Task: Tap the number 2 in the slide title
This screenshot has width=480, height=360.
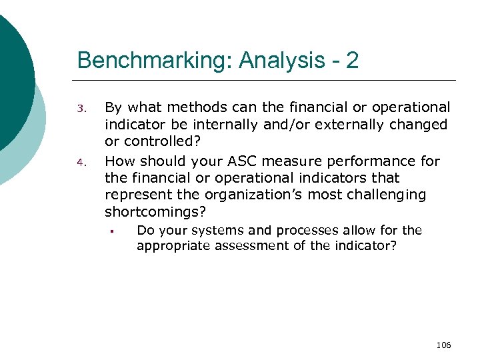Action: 352,61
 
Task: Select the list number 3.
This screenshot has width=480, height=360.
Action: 82,109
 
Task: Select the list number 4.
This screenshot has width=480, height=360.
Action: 82,162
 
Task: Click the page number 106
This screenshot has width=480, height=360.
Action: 443,345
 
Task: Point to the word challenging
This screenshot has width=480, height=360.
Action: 391,195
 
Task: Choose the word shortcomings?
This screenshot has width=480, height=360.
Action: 156,213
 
